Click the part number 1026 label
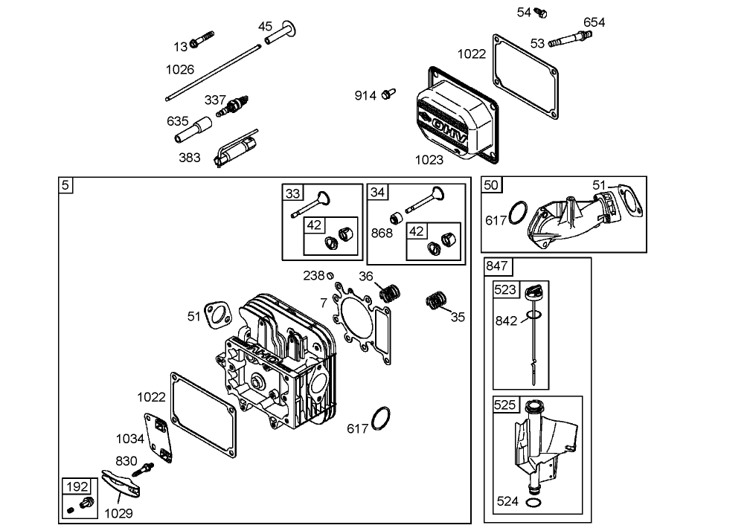(x=179, y=69)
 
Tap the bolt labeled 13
(x=202, y=39)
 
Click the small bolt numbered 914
(x=387, y=94)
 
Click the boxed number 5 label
(x=65, y=184)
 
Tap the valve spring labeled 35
(x=437, y=301)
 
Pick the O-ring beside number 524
(x=533, y=503)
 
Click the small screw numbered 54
(x=542, y=13)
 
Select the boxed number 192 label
(x=77, y=487)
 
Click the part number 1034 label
(x=130, y=439)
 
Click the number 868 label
(x=382, y=233)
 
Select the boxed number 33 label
(x=292, y=193)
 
